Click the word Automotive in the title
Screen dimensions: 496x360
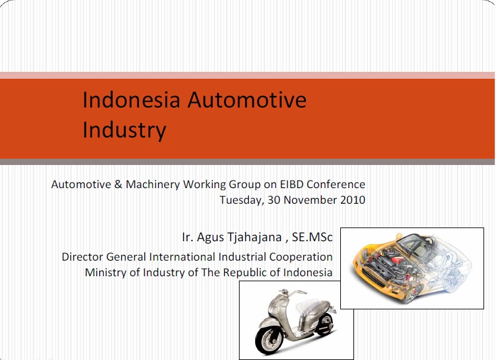tap(247, 99)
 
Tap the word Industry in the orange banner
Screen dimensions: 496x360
tap(124, 130)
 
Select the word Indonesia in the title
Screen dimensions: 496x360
tap(131, 99)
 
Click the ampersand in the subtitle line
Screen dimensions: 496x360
tap(118, 184)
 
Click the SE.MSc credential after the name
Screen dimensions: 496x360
tap(312, 237)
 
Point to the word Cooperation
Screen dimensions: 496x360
tap(301, 257)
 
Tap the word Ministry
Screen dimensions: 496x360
tap(105, 272)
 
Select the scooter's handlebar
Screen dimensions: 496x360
tap(290, 293)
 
